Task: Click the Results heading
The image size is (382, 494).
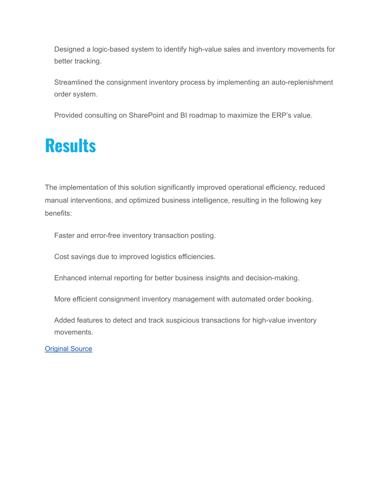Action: pos(71,146)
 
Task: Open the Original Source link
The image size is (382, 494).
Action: pos(68,349)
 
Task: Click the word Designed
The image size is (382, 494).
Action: pos(69,50)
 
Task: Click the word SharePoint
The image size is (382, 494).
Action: pos(147,116)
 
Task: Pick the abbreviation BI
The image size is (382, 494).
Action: pos(184,116)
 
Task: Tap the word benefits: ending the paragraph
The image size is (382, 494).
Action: pos(58,214)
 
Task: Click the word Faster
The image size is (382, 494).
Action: pos(65,236)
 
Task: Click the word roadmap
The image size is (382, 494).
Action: pos(203,116)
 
